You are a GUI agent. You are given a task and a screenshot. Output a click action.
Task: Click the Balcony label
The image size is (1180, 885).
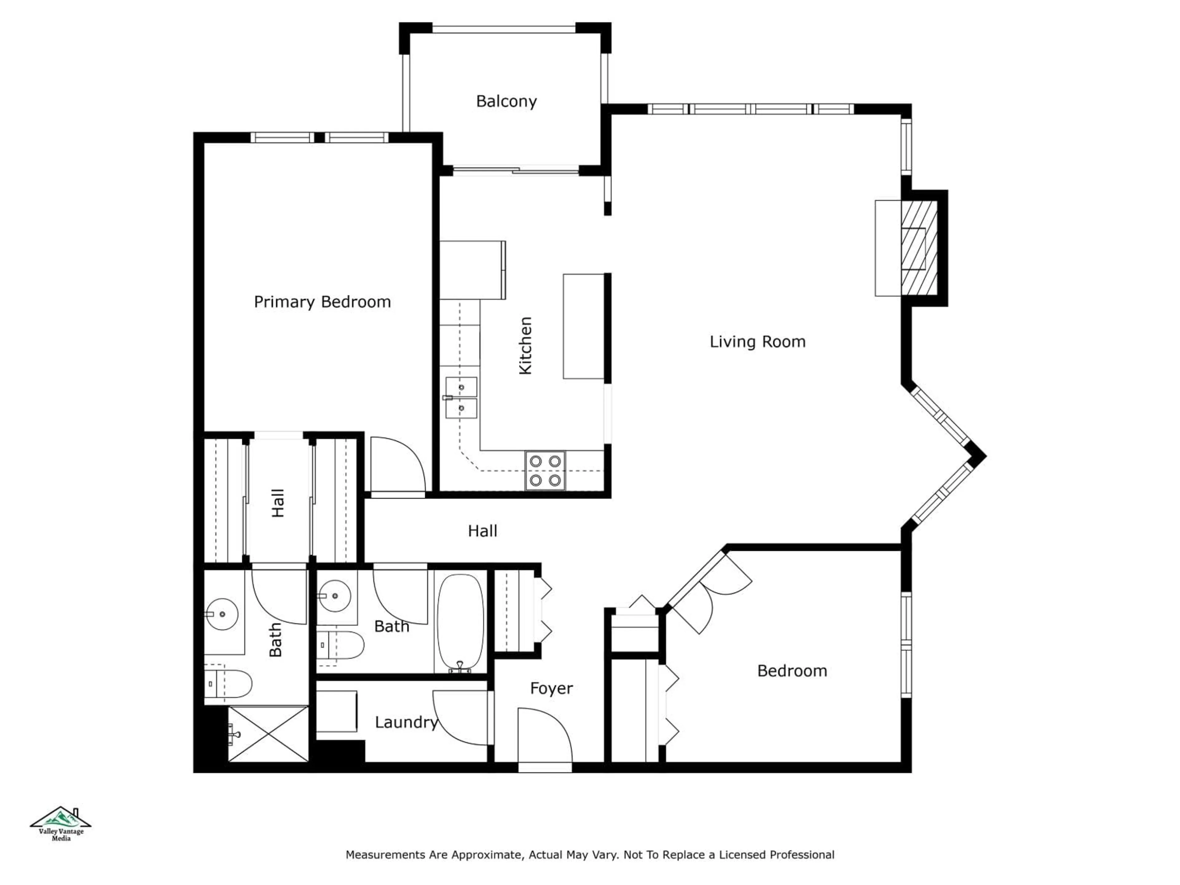(x=506, y=101)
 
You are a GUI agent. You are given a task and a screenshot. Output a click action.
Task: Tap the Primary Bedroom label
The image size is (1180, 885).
(x=322, y=302)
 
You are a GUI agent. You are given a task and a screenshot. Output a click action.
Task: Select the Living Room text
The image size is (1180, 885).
(x=757, y=342)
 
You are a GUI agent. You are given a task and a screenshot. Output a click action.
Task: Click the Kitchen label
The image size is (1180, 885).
(x=525, y=346)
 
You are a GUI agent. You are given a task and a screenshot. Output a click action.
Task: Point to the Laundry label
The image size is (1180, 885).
(x=406, y=722)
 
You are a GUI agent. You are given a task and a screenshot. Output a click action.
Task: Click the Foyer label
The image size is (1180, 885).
(x=551, y=689)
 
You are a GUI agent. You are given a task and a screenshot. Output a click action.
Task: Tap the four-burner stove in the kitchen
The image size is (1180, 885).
(x=545, y=470)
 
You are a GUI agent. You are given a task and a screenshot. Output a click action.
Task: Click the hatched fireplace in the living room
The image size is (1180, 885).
(x=918, y=249)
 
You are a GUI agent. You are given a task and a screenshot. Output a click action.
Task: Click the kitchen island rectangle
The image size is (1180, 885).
(x=584, y=326)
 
